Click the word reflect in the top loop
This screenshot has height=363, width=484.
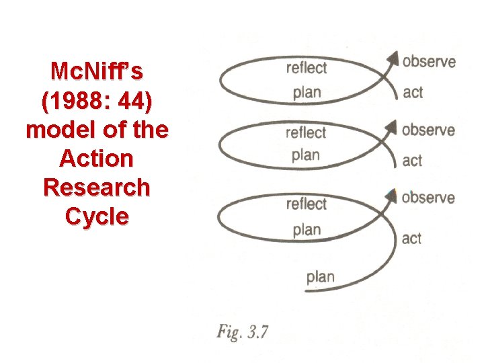(x=306, y=67)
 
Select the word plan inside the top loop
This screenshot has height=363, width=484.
(x=307, y=92)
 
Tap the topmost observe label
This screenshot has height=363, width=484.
(x=429, y=62)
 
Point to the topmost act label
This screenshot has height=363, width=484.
(x=413, y=92)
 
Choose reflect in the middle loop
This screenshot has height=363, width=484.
(x=306, y=132)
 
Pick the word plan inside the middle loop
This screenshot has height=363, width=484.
(x=306, y=155)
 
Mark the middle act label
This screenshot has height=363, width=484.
(x=412, y=161)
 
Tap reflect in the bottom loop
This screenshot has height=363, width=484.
(x=306, y=203)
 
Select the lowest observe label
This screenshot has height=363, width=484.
(x=429, y=197)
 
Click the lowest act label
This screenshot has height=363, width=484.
(x=411, y=239)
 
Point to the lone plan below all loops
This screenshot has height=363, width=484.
(x=320, y=276)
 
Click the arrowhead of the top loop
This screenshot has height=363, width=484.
(x=392, y=59)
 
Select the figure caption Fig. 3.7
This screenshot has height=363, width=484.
(x=243, y=332)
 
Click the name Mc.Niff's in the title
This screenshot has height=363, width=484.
(x=97, y=71)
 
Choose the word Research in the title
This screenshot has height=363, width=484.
(x=97, y=188)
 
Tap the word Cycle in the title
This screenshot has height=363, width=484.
(x=97, y=216)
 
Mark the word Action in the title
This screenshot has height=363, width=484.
(x=97, y=159)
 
